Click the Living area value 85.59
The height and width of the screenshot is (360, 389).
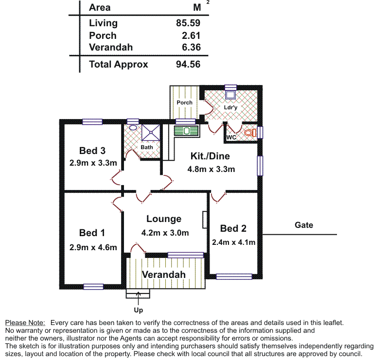click(188, 23)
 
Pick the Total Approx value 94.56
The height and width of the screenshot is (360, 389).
click(188, 64)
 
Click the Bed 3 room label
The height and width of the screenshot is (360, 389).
click(92, 151)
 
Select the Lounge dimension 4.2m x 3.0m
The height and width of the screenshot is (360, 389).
click(165, 233)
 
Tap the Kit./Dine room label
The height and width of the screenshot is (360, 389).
click(210, 156)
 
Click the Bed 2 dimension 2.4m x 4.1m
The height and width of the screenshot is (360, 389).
click(233, 242)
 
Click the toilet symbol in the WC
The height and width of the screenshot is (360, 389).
click(249, 132)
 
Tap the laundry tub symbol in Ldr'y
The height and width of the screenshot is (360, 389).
click(230, 95)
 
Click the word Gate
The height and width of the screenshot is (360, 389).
click(304, 225)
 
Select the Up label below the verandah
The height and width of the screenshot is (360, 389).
click(138, 309)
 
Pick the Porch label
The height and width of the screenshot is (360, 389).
click(184, 103)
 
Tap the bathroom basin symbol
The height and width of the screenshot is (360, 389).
click(133, 127)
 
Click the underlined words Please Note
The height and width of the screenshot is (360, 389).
click(25, 323)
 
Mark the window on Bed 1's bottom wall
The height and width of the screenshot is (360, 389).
click(93, 287)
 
